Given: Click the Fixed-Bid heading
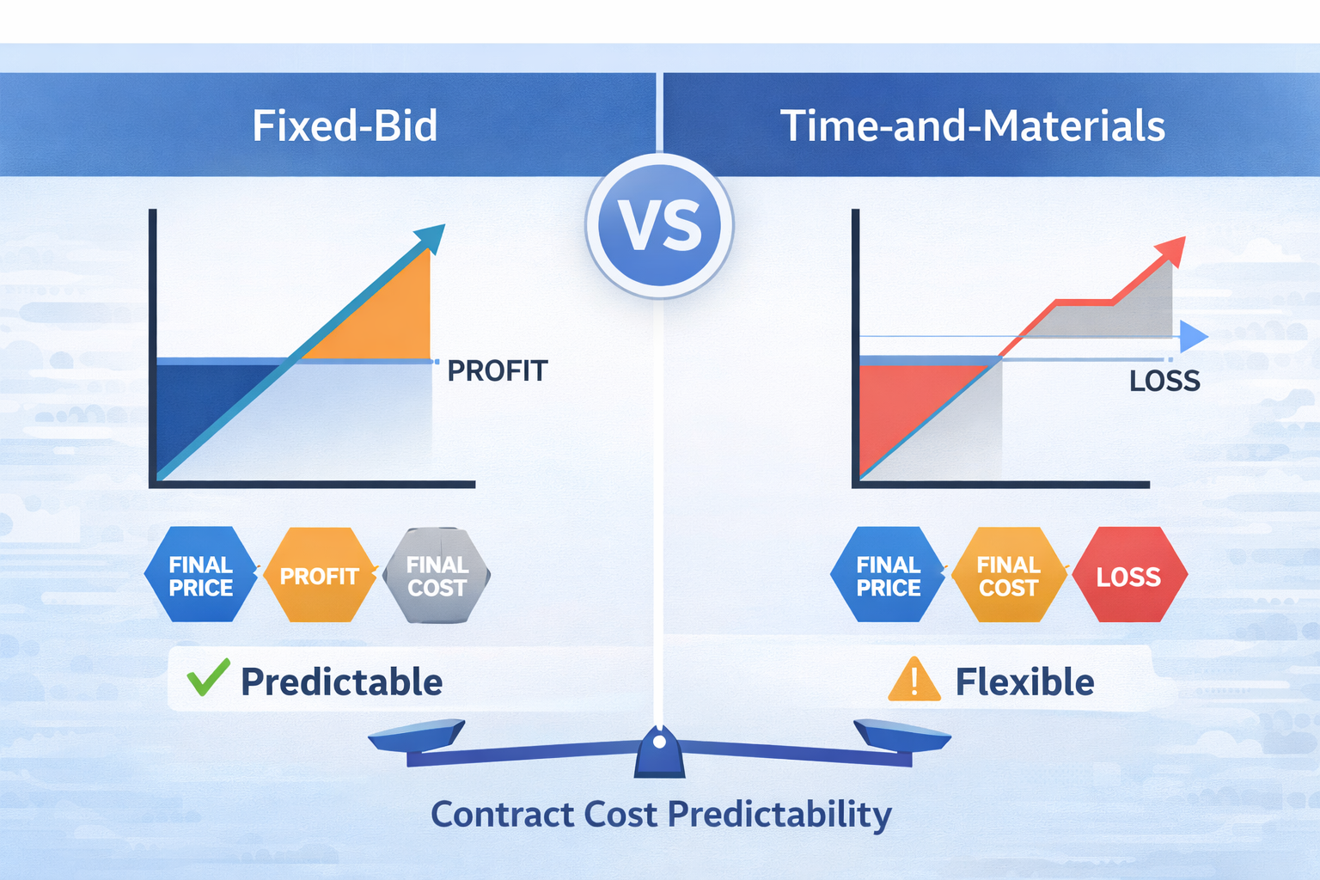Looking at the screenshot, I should pos(345,126).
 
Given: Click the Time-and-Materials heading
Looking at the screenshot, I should pos(972,126).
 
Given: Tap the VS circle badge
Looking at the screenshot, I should pos(659,226).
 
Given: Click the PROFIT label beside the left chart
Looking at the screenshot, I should pos(498,371).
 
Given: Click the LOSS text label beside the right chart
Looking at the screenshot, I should pos(1164,381).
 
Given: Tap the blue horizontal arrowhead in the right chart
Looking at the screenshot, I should pos(1193,337).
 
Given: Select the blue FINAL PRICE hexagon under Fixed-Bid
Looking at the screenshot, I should pos(201,575).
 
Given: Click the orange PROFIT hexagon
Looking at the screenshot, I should pos(320,575).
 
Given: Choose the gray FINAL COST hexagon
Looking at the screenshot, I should pos(437,575).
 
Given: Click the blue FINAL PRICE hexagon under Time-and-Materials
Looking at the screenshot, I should pos(888,575).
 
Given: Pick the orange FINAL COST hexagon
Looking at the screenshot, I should pos(1009,575).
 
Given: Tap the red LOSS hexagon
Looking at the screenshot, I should pos(1128,575).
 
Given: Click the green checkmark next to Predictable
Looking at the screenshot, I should pos(208,678).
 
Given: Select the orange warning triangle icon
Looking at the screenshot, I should pos(914,681).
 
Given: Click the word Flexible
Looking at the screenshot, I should pos(1024,682).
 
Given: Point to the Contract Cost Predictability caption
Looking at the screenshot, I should pos(661,814).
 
